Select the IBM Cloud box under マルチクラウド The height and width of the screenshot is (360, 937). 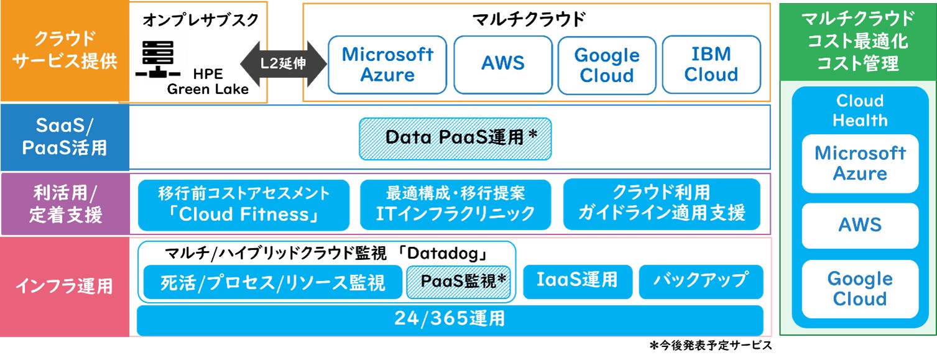711,65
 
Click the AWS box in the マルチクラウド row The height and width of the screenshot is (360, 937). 502,65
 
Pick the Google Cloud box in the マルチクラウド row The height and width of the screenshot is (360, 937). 607,65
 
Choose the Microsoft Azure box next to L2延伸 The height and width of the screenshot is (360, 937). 387,65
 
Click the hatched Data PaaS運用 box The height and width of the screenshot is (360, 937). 455,139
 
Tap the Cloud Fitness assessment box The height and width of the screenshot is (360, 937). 244,205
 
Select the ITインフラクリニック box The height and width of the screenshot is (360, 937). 455,205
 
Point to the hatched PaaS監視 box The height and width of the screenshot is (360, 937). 459,282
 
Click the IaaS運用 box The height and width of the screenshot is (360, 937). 578,281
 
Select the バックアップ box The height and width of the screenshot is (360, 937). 700,281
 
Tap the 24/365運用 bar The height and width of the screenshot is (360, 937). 450,320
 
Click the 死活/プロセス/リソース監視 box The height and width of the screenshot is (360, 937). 272,283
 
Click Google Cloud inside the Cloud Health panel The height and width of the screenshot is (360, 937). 860,289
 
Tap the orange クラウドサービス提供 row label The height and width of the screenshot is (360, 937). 64,51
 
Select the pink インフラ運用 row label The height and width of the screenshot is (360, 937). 64,287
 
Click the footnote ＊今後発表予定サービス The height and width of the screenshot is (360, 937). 711,346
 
